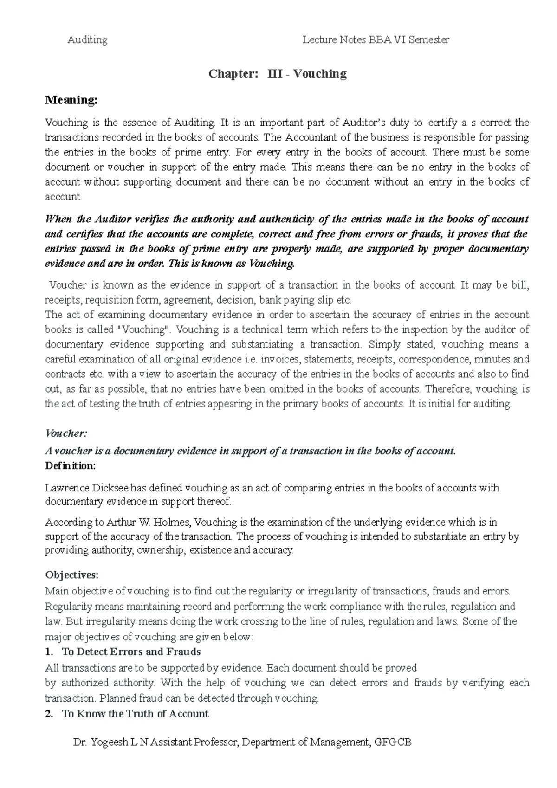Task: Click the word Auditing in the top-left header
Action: click(x=87, y=40)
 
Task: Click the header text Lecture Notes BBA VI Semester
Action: click(x=376, y=40)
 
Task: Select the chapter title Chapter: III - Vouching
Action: click(x=278, y=74)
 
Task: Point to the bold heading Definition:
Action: click(x=70, y=465)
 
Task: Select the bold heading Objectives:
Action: click(x=71, y=575)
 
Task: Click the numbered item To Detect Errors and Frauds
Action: click(x=131, y=652)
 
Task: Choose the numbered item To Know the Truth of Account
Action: click(x=135, y=714)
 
